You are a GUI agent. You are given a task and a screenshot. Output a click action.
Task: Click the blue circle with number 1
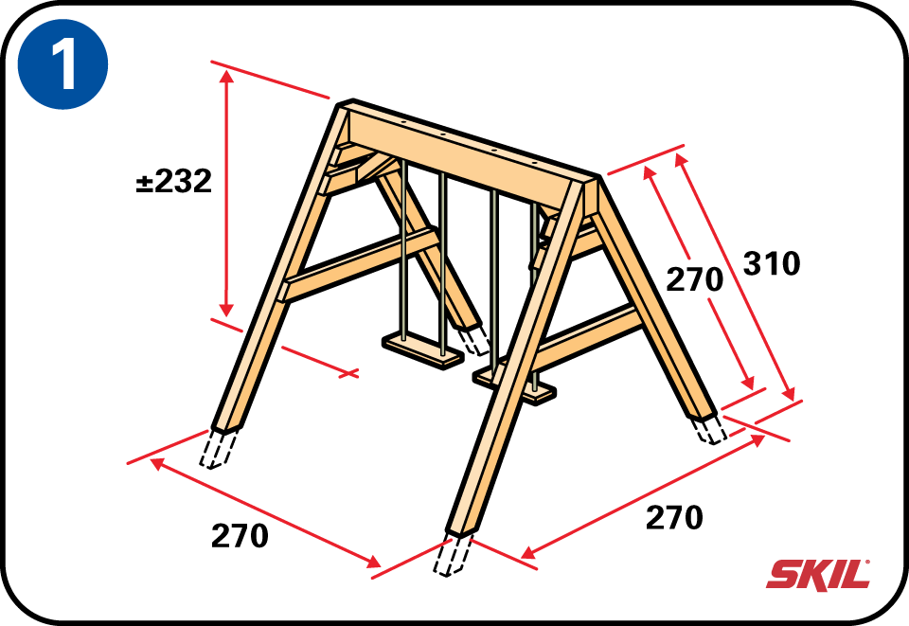(63, 63)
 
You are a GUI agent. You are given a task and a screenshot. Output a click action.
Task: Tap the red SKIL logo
(818, 575)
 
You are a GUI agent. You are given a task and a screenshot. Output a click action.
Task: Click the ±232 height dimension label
(174, 182)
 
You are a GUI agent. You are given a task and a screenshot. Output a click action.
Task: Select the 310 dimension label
(772, 263)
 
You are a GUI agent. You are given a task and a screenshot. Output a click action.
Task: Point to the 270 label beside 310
(694, 279)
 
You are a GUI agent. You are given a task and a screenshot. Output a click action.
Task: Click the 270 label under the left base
(240, 536)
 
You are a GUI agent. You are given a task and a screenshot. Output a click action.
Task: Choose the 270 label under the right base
(674, 518)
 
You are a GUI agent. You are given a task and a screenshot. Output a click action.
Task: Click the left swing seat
(422, 350)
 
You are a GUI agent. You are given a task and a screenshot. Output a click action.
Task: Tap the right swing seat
(515, 385)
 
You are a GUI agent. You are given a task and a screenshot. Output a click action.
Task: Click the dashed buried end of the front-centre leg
(453, 555)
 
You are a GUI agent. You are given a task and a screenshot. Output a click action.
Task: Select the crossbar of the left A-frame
(357, 266)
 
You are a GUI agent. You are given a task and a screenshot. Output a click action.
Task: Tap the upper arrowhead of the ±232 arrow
(226, 76)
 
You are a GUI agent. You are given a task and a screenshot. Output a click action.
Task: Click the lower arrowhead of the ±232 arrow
(226, 309)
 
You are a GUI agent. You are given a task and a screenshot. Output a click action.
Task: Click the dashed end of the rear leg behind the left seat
(473, 340)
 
